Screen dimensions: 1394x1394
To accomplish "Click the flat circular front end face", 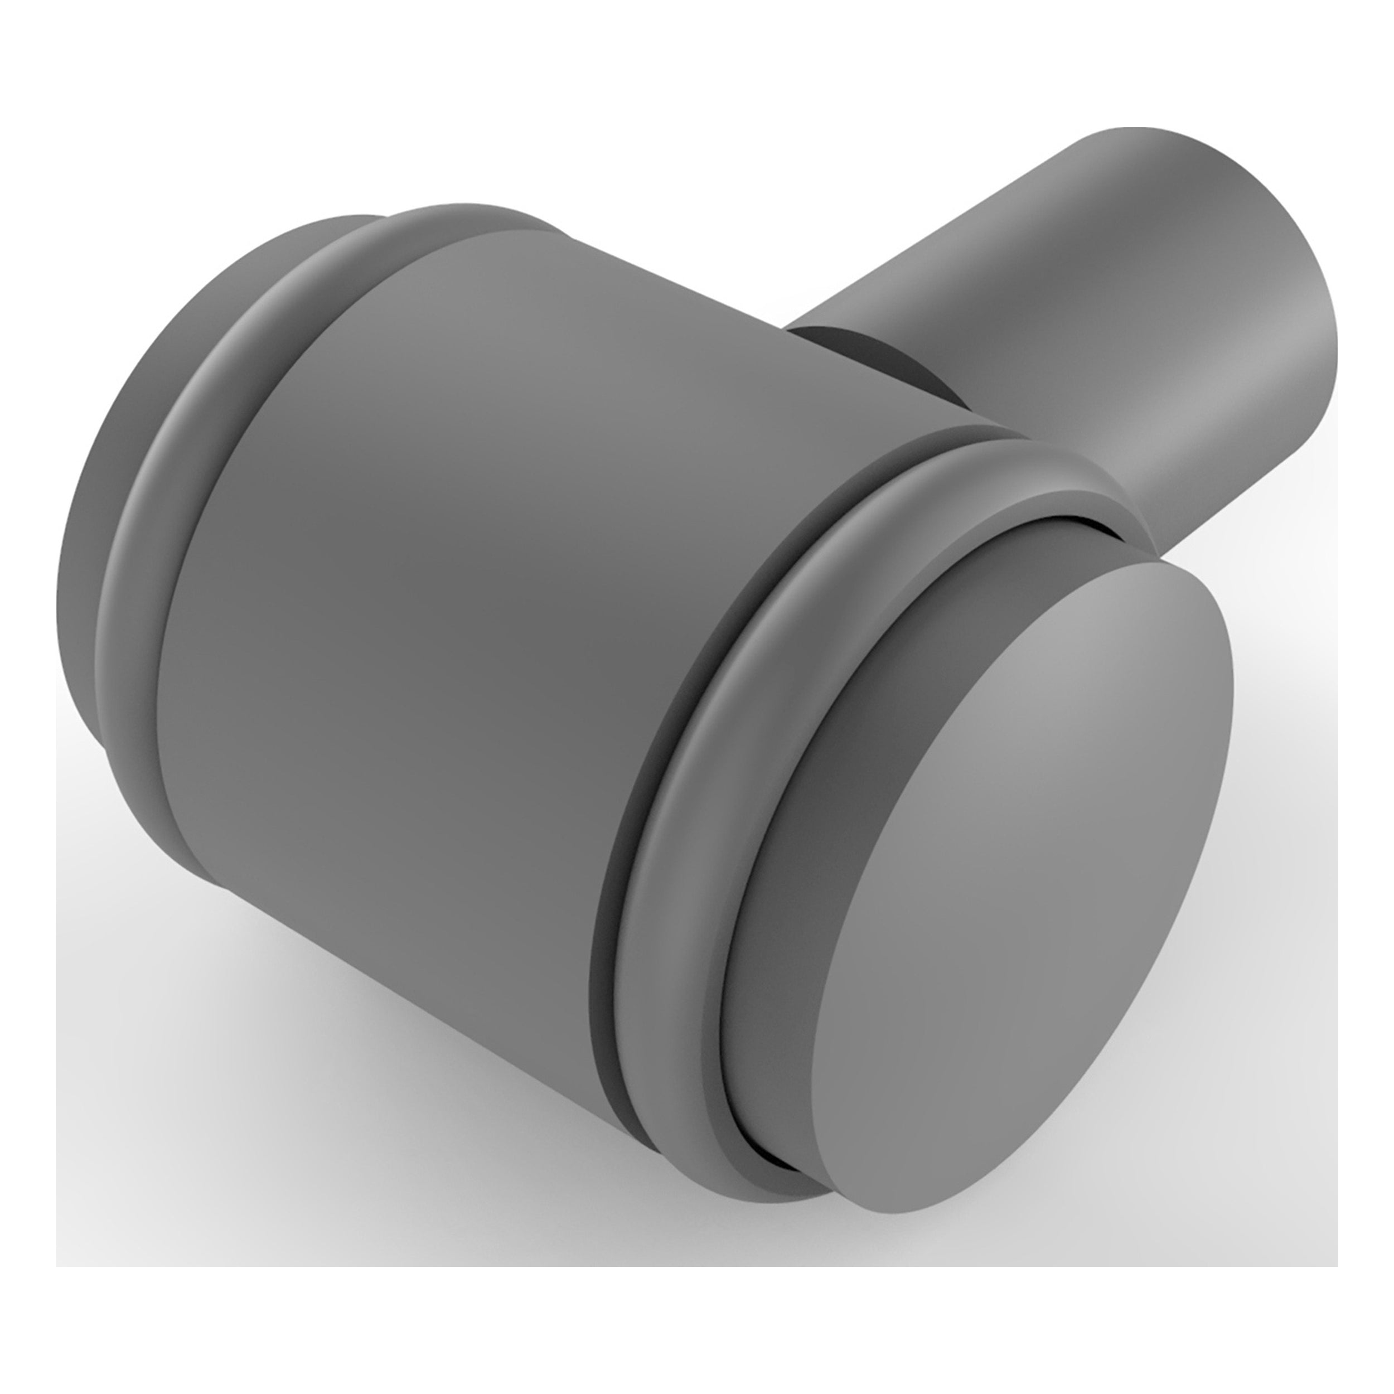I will point(1024,815).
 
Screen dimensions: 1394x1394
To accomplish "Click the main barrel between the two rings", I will point(469,577).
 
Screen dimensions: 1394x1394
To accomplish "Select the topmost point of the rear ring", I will point(462,213).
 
